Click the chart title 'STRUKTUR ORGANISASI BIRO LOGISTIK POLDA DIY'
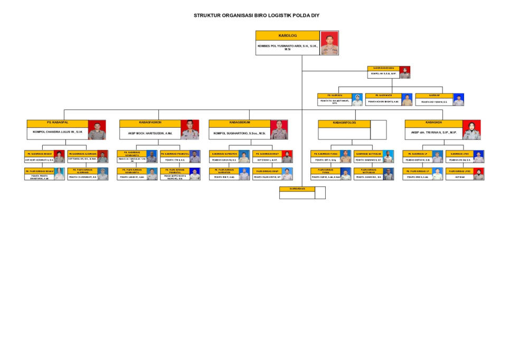(x=257, y=15)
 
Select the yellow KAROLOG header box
(x=288, y=35)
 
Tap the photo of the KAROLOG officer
(x=329, y=43)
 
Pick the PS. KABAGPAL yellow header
(x=57, y=122)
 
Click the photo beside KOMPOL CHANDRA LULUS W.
(x=97, y=130)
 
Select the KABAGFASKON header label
(x=150, y=122)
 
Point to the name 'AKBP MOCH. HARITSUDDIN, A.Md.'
(x=150, y=133)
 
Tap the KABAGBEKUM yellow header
(x=239, y=122)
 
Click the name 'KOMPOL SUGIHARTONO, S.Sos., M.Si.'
(x=239, y=133)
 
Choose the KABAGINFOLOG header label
(x=344, y=123)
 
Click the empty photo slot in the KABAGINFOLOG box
(x=378, y=130)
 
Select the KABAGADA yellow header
(x=433, y=122)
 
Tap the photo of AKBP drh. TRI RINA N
(x=471, y=130)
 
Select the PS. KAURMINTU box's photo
(x=407, y=100)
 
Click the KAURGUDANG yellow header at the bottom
(x=297, y=188)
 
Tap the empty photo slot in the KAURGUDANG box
(x=319, y=193)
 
